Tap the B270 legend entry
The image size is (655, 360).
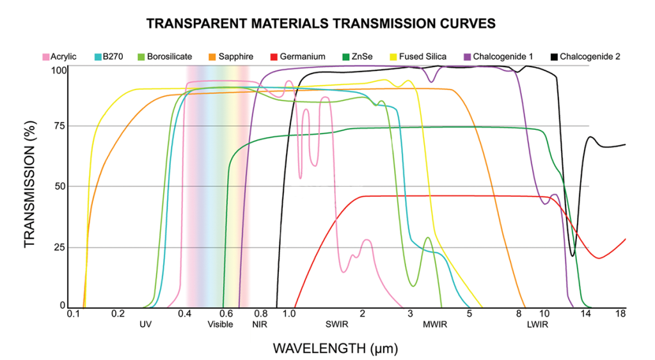[108, 57]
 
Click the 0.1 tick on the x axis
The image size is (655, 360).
[73, 315]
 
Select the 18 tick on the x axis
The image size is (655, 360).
[620, 315]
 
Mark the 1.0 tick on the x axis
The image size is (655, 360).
[288, 315]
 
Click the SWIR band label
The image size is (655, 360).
[336, 325]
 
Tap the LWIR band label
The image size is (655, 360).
[537, 325]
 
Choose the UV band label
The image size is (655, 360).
[146, 325]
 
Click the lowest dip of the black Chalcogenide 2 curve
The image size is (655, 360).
[572, 256]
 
